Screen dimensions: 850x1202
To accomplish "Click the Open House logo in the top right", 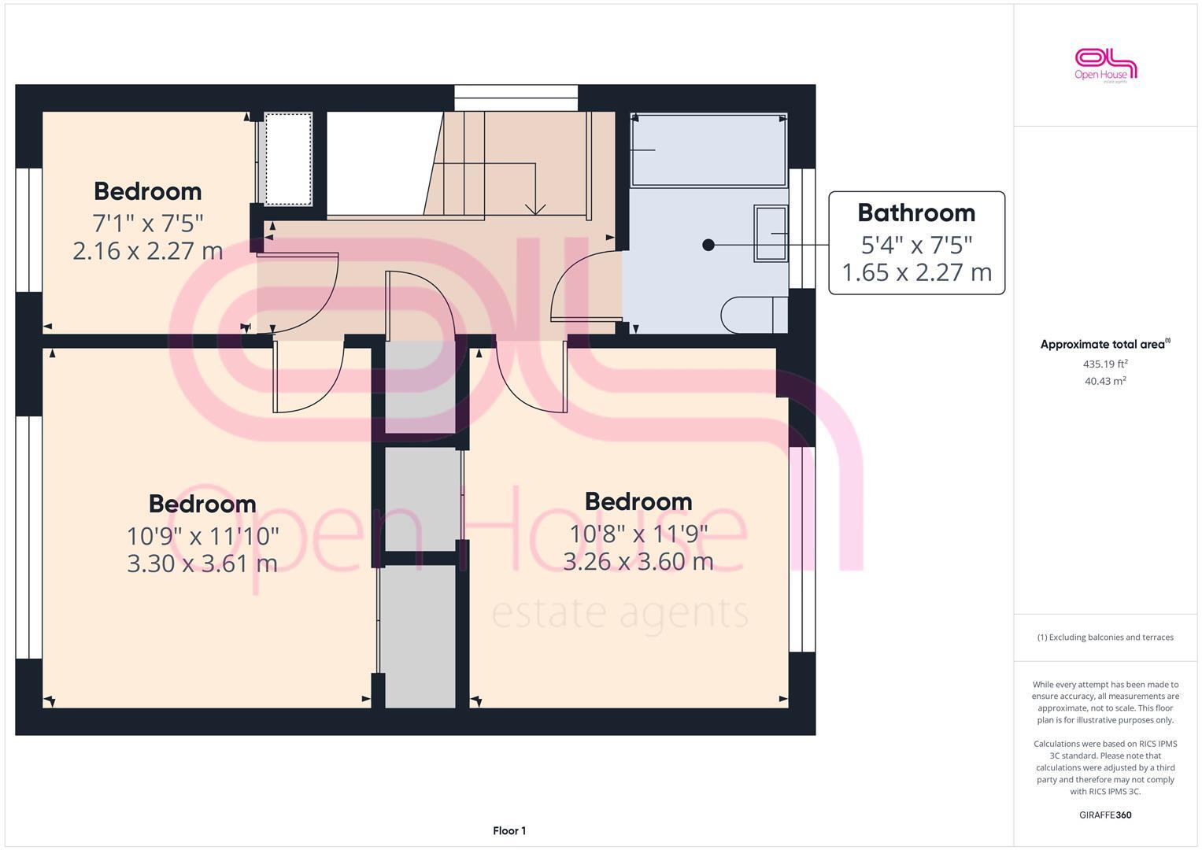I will [x=1105, y=65].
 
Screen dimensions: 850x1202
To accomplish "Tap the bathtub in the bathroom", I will [x=708, y=150].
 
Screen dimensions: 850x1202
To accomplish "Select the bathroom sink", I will [x=771, y=233].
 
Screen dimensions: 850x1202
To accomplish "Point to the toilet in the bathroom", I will [x=754, y=314].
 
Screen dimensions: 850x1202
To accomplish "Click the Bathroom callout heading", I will [x=916, y=213].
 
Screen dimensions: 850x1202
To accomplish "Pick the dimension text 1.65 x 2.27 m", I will [x=916, y=272].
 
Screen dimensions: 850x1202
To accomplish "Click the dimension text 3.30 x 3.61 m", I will [x=202, y=564].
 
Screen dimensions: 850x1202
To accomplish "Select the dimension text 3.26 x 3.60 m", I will [x=638, y=561].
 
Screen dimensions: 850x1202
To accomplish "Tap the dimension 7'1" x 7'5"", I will [x=148, y=223].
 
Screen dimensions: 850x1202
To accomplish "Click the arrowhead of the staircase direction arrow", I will [x=535, y=210].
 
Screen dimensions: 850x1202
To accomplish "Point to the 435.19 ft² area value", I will [x=1105, y=364].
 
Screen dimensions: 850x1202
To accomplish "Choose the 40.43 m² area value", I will [x=1105, y=381].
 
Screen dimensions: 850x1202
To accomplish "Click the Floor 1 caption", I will [x=509, y=830].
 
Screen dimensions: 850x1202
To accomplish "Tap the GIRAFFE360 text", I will [x=1105, y=815].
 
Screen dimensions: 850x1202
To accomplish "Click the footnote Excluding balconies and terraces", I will [x=1105, y=637].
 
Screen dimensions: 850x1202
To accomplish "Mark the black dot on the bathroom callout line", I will [x=708, y=245].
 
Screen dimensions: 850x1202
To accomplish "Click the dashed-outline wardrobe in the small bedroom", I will [x=288, y=158].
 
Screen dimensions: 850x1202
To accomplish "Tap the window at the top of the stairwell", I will [x=516, y=98].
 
